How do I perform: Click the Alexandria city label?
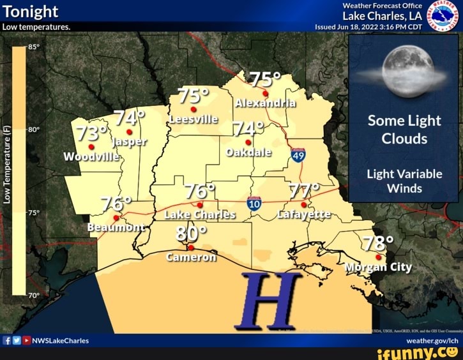click(264, 104)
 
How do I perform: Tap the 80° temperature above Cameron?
click(190, 233)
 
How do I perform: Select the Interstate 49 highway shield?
click(298, 155)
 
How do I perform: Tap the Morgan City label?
click(378, 267)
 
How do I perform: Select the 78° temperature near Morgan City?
click(378, 243)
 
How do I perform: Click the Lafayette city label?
click(304, 214)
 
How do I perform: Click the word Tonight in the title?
click(31, 11)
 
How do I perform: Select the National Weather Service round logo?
click(442, 15)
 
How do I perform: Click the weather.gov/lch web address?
click(433, 341)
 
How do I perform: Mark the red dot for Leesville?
click(193, 110)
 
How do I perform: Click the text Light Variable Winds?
click(404, 181)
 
